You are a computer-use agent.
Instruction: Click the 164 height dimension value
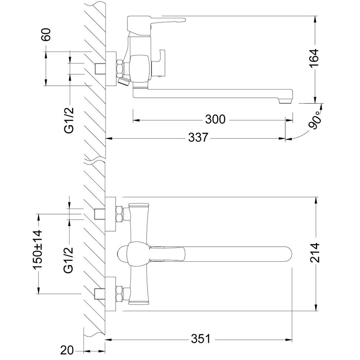click(x=314, y=58)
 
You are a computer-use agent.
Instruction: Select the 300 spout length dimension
click(x=215, y=120)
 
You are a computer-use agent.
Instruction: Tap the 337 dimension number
click(x=198, y=138)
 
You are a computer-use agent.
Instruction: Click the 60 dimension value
click(x=46, y=35)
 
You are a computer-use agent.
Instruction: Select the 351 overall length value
click(x=201, y=339)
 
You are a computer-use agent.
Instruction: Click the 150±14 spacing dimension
click(x=38, y=249)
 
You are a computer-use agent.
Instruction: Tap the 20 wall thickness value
click(x=67, y=350)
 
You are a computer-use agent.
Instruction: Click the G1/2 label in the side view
click(x=69, y=120)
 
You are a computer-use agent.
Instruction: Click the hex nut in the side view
click(x=120, y=68)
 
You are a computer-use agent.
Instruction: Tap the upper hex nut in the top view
click(x=120, y=214)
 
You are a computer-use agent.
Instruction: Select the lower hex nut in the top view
click(x=120, y=294)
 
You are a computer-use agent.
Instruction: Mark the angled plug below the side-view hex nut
click(x=123, y=81)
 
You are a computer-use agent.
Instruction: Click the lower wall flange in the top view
click(x=111, y=294)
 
